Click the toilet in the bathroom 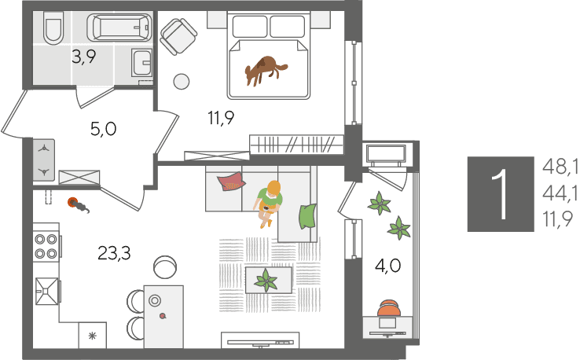(53, 28)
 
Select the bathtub (119, 28)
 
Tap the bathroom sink (141, 63)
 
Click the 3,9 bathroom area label (84, 57)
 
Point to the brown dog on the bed (265, 70)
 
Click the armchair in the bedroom (178, 36)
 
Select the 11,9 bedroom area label (221, 118)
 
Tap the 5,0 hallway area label (103, 129)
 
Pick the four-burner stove (46, 246)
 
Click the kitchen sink (47, 291)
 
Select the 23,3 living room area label (114, 253)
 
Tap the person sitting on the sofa (269, 203)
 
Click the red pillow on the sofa (231, 182)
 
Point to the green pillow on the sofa (307, 216)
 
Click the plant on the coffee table (266, 281)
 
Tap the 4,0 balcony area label (387, 266)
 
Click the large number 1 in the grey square (501, 194)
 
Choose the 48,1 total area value (560, 167)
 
